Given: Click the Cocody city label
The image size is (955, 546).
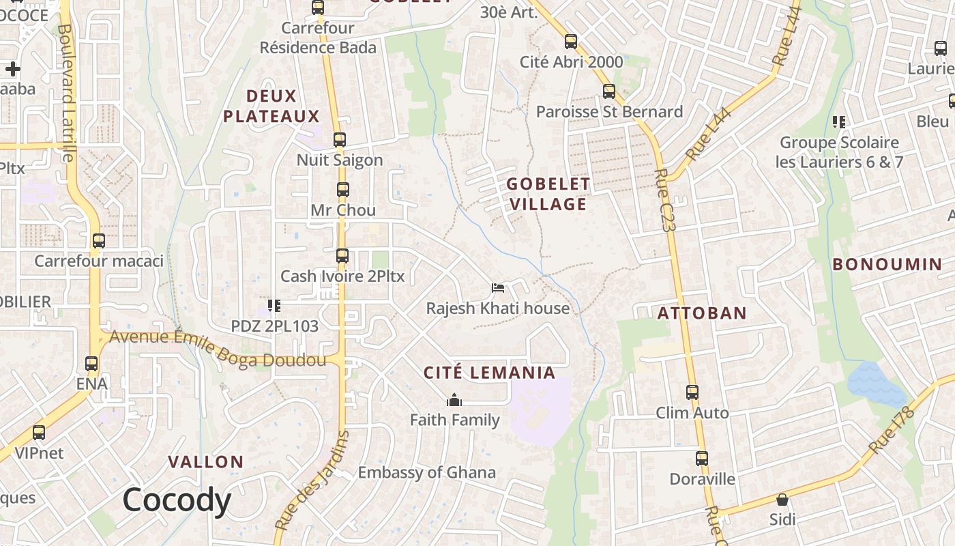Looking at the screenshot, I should (x=177, y=500).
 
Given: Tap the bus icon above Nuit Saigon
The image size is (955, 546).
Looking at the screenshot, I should (x=340, y=140).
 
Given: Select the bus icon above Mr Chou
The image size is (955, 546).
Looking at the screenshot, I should (x=342, y=190).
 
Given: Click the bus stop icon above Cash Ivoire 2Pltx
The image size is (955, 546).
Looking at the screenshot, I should (x=342, y=256).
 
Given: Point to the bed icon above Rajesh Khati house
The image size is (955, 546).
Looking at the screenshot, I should (x=498, y=288).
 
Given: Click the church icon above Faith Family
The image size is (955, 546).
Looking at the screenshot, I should (x=454, y=400).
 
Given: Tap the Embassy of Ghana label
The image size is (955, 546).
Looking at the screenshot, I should (x=426, y=472).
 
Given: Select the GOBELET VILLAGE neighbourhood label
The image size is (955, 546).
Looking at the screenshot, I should (x=548, y=194).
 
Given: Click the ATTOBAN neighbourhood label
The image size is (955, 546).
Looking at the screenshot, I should (x=702, y=313).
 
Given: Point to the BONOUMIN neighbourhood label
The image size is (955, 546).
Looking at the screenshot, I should (x=887, y=264).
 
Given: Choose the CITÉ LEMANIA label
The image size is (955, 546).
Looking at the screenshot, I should (x=489, y=373).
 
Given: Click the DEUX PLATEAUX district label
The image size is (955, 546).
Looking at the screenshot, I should (x=271, y=106).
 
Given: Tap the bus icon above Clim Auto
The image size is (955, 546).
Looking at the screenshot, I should (x=692, y=392).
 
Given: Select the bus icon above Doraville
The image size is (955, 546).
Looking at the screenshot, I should (x=702, y=459).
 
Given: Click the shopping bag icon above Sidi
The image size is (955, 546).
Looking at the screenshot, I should (x=782, y=500).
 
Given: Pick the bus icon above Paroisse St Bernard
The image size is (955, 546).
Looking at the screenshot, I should (x=609, y=91).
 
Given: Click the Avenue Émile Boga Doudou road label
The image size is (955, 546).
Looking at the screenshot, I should (x=218, y=347).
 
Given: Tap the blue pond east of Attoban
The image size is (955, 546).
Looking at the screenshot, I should (x=876, y=384).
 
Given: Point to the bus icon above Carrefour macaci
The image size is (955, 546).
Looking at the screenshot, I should (x=99, y=241).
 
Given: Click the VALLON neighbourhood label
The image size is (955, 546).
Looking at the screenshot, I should (x=205, y=462).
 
